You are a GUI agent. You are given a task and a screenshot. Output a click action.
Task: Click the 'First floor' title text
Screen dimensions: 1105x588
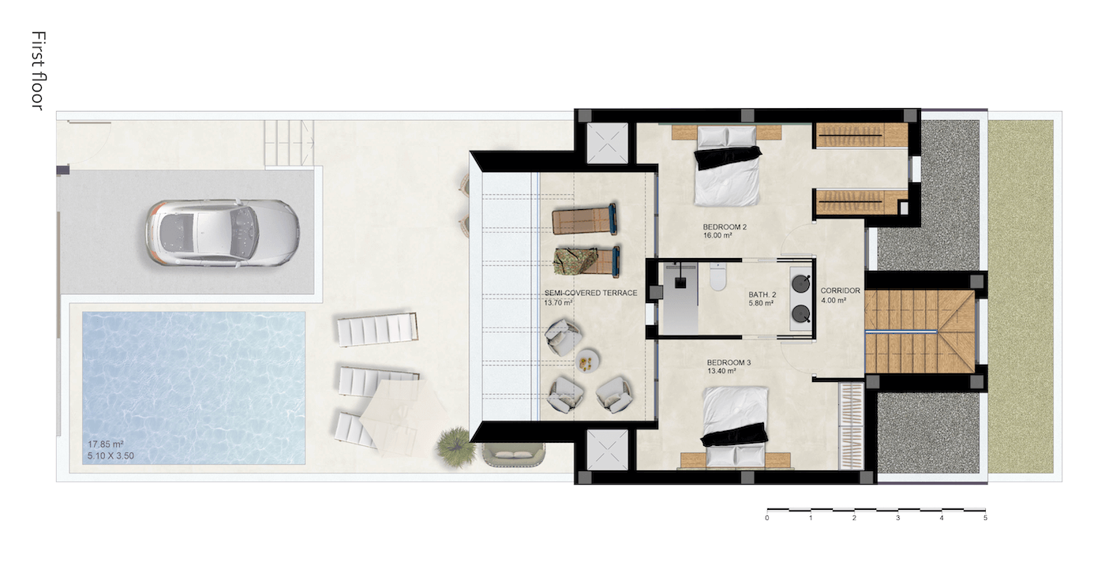(x=39, y=71)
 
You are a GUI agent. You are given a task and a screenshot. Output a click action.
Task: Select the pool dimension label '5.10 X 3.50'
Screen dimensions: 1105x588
(x=111, y=456)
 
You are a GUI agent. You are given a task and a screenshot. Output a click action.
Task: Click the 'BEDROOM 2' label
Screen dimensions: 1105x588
(x=725, y=227)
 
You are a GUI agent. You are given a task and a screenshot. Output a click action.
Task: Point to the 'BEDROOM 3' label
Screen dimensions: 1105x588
(x=729, y=362)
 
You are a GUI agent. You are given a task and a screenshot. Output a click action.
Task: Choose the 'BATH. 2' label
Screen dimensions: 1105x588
(x=762, y=294)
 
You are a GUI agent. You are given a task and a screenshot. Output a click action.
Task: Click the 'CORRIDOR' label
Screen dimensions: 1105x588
(x=840, y=290)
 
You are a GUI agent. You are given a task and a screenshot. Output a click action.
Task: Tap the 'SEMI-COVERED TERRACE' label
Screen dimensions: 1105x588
(x=590, y=293)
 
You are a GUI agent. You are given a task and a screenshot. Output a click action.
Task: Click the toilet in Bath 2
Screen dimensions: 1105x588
(x=717, y=277)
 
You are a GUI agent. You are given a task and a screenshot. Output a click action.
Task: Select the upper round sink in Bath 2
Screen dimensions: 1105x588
(x=800, y=283)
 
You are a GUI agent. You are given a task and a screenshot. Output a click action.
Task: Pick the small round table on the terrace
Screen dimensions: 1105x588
(x=587, y=361)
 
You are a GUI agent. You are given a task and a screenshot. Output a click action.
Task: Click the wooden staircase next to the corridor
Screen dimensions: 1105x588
(x=920, y=331)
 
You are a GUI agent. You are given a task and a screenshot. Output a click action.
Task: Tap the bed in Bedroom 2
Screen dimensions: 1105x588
(x=727, y=165)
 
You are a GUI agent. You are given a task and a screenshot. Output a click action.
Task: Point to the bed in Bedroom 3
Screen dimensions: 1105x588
(x=735, y=427)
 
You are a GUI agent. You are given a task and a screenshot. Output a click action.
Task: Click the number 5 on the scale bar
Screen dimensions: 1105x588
(x=985, y=518)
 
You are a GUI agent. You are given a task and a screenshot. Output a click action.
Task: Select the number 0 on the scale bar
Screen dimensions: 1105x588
(x=767, y=518)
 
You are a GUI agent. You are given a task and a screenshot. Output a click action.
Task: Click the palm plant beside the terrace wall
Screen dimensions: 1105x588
(x=455, y=448)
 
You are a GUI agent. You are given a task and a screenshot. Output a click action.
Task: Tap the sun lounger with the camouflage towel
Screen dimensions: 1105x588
(x=586, y=260)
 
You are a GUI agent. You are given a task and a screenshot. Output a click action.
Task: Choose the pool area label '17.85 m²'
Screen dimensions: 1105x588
(x=106, y=444)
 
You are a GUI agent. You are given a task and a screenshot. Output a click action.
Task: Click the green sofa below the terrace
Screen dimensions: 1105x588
(x=513, y=455)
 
